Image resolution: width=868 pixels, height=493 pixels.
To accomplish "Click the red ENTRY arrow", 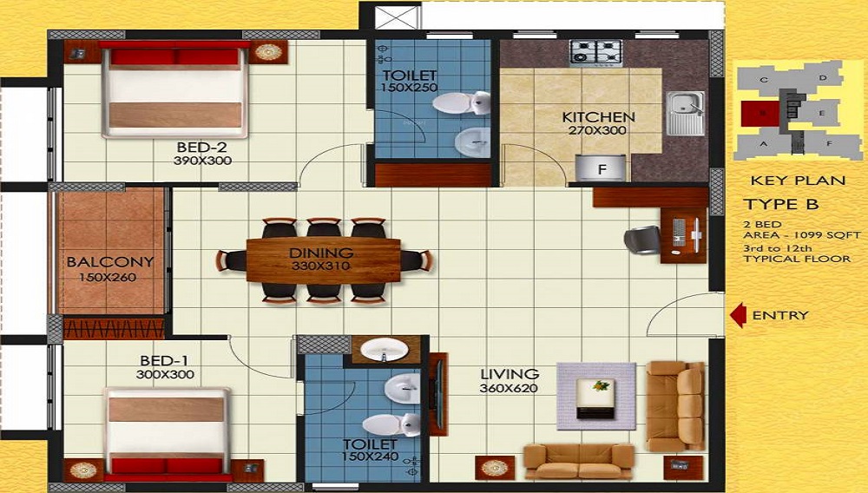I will coord(738,315).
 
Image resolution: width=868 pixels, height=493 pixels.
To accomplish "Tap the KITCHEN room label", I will coord(598,117).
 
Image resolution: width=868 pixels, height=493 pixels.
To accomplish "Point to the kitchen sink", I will coord(686,113).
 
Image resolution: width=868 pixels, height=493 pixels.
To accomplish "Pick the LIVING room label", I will coord(510,374).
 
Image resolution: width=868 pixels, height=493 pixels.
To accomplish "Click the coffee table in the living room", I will coord(596,395).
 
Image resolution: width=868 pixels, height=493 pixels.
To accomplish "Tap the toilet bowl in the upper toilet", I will coord(457,104).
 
